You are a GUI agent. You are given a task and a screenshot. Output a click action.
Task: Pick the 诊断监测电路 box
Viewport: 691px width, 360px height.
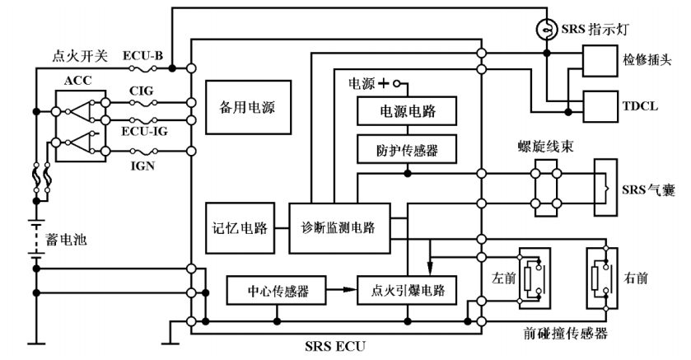tap(338, 227)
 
